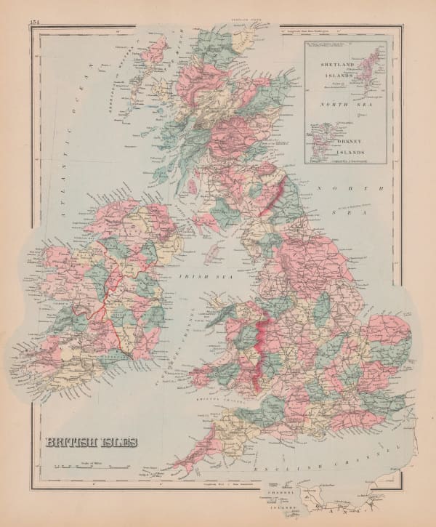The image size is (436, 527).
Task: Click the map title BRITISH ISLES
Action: click(x=90, y=441)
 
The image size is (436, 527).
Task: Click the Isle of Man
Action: click(x=213, y=254)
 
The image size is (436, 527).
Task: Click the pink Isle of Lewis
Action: click(x=155, y=52)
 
